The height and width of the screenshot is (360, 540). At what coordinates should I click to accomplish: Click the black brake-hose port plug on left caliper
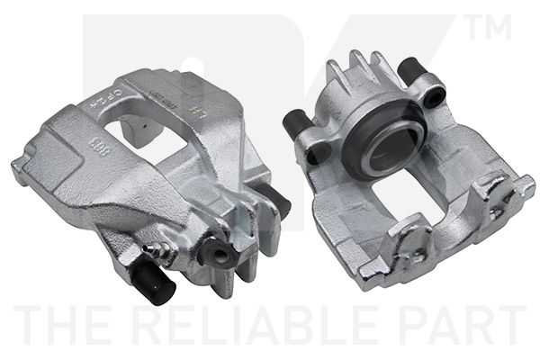point(220,253)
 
